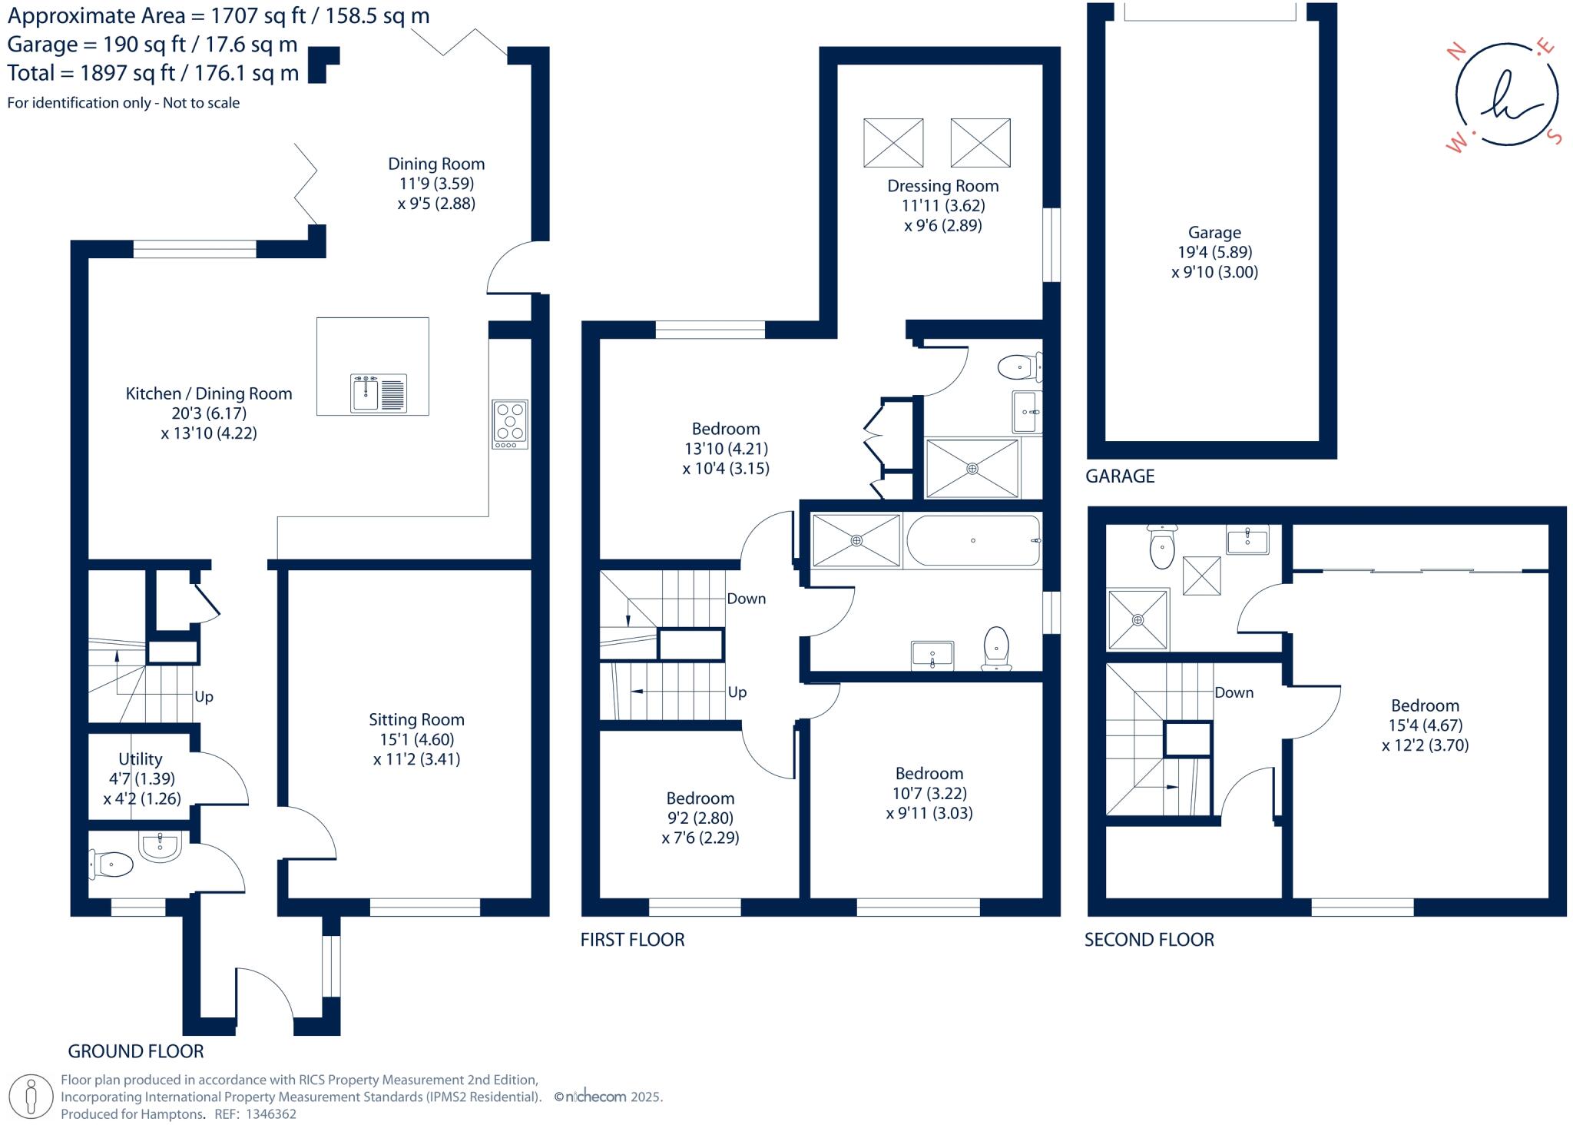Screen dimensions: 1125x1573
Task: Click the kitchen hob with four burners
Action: point(510,423)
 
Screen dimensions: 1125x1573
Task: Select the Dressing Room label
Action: point(942,186)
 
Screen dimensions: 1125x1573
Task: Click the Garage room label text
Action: point(1214,232)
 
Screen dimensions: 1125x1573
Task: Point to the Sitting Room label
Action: point(416,720)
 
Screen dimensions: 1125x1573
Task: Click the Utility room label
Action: point(140,759)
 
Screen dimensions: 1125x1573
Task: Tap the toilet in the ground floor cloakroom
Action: point(112,864)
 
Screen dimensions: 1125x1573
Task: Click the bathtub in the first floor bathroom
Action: point(973,541)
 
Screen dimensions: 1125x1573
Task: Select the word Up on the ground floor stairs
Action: point(204,697)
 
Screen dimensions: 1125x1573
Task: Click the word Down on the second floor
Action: point(1234,692)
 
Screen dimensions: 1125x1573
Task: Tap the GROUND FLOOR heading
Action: point(136,1051)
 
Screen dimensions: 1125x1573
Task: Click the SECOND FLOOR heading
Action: point(1149,940)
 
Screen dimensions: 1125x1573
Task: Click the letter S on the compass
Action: point(1554,137)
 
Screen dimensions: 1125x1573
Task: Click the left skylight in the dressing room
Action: point(893,143)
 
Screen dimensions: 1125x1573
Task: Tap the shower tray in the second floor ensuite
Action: point(1138,619)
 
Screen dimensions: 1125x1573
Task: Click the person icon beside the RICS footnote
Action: point(31,1096)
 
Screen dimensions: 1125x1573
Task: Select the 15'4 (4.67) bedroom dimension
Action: point(1425,725)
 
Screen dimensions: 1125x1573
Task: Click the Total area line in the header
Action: point(153,74)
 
